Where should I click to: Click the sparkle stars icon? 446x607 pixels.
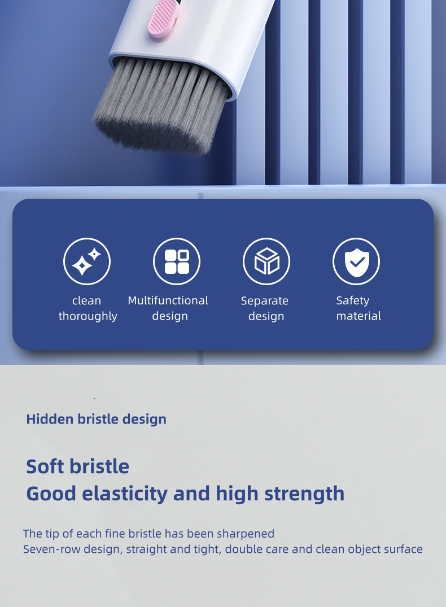click(x=87, y=261)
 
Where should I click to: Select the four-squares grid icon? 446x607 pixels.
click(x=177, y=261)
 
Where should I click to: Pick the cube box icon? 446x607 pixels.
click(x=266, y=261)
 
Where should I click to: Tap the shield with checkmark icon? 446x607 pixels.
click(x=356, y=261)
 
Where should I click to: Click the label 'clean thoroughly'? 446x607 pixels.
click(x=88, y=308)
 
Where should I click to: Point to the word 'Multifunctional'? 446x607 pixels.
click(x=168, y=300)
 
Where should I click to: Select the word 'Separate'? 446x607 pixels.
click(x=264, y=301)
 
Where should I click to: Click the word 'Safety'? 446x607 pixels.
click(x=352, y=300)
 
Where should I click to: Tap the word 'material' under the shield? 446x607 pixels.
click(x=358, y=316)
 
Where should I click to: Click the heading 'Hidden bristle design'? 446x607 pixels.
click(x=96, y=419)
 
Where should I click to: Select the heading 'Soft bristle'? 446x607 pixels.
click(x=77, y=466)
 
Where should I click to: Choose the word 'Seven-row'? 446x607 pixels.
click(x=52, y=549)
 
